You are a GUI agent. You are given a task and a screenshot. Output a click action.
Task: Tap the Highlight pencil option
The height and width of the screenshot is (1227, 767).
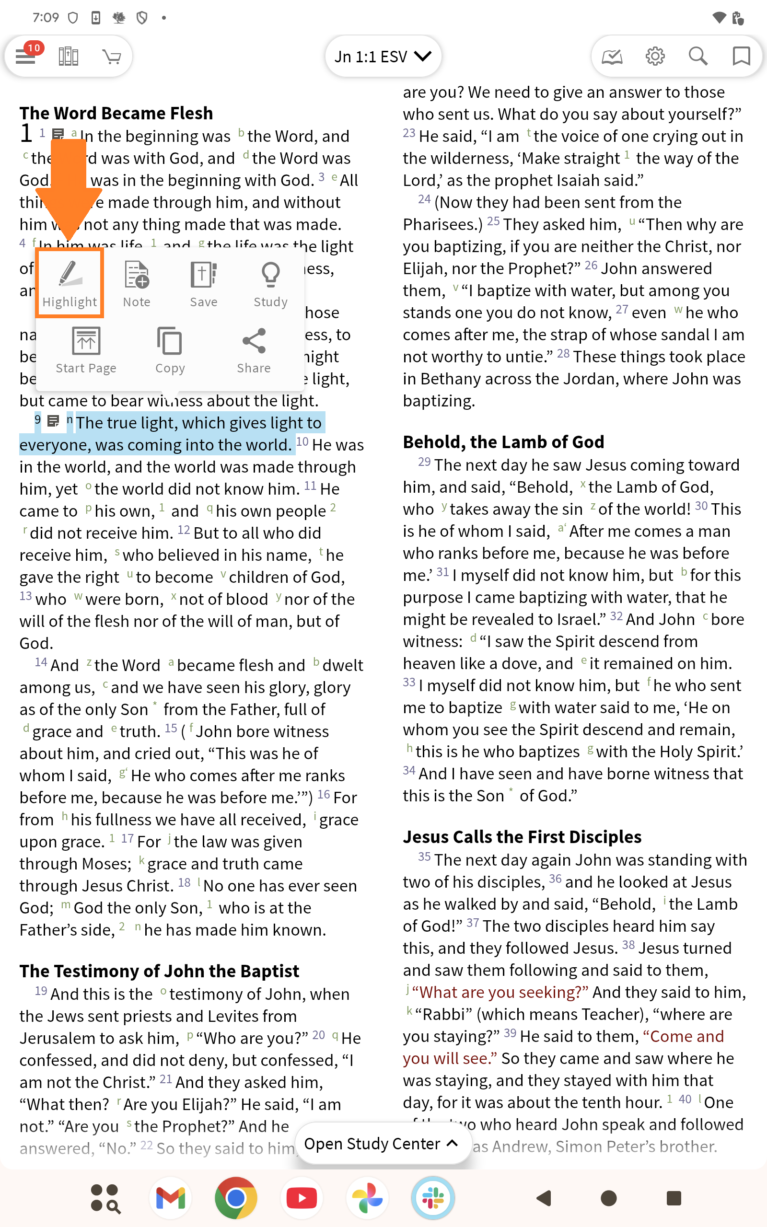tap(70, 284)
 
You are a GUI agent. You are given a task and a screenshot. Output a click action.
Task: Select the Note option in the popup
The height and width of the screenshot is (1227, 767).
tap(137, 284)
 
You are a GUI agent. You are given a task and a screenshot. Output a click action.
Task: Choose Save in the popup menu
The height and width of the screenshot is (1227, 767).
tap(203, 284)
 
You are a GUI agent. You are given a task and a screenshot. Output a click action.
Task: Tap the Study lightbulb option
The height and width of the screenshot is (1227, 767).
tap(270, 284)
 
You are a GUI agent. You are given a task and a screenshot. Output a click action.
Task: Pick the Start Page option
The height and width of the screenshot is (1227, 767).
tap(86, 350)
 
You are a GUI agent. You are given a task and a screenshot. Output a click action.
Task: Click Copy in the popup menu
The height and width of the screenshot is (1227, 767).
tap(170, 350)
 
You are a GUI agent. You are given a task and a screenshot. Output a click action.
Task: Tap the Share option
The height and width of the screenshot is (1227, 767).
tap(254, 350)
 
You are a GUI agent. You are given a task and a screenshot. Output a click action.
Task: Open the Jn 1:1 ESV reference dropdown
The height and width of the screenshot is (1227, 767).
tap(383, 56)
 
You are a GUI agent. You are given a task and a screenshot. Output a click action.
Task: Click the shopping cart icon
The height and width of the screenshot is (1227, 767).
tap(112, 56)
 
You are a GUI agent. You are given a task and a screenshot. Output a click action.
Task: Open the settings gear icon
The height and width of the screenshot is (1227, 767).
tap(655, 56)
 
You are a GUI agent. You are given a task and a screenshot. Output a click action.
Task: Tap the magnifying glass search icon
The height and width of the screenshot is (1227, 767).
tap(698, 56)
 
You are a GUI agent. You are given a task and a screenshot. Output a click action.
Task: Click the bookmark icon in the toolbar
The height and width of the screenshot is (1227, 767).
tap(741, 56)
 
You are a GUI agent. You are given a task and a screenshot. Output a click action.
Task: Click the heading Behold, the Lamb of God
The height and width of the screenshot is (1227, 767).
tap(503, 442)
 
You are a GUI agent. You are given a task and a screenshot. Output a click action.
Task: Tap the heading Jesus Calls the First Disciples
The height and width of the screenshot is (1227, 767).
tap(522, 836)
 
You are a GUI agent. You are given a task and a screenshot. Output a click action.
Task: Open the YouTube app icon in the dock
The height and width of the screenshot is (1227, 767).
tap(302, 1198)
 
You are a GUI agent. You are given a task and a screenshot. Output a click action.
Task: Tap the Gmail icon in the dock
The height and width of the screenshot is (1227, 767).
tap(171, 1198)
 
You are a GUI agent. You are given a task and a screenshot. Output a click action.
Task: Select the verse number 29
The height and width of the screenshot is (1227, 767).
tap(424, 462)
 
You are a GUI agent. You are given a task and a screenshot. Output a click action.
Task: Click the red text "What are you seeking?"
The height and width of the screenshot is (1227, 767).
tap(500, 992)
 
